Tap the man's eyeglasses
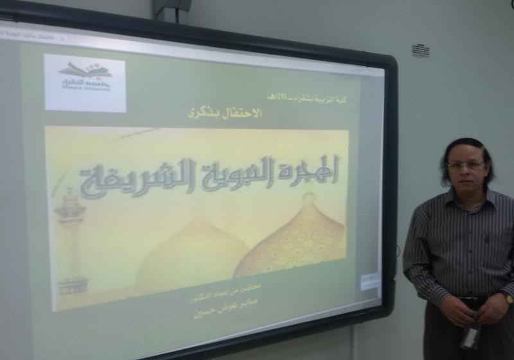point(465,165)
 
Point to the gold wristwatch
point(508,298)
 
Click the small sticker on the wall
point(420,51)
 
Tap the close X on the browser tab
point(62,39)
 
